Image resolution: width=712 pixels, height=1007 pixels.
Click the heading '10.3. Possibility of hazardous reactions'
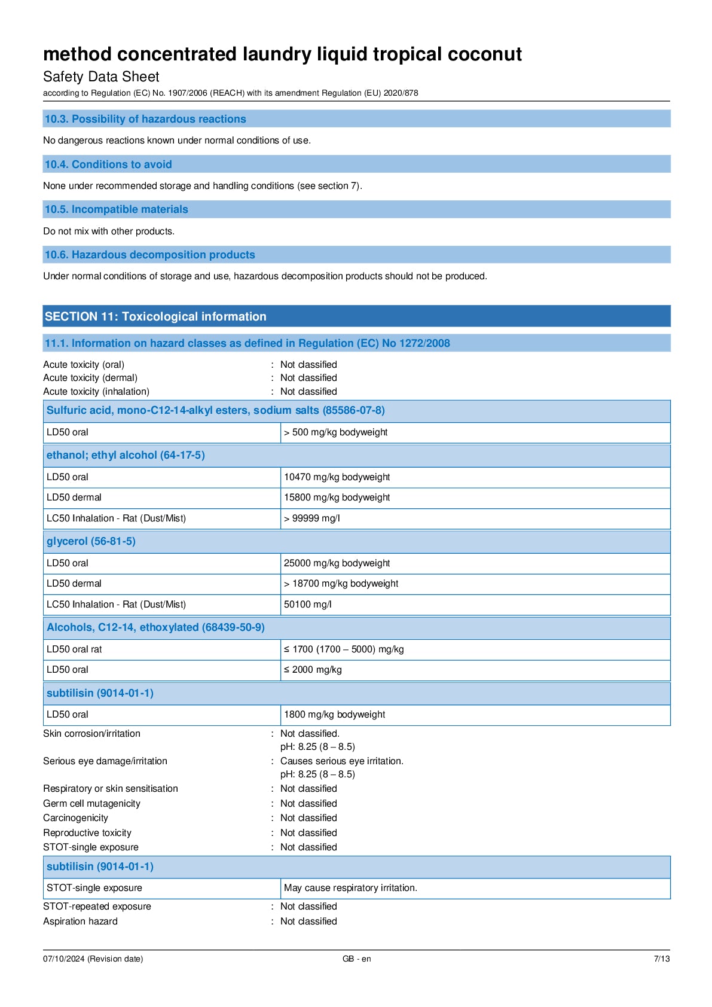pyautogui.click(x=145, y=119)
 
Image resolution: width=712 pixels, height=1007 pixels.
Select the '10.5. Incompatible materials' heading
pyautogui.click(x=117, y=209)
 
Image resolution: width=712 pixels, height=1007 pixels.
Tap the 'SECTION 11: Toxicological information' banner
pyautogui.click(x=155, y=316)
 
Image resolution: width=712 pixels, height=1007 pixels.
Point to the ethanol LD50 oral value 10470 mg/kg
pyautogui.click(x=337, y=477)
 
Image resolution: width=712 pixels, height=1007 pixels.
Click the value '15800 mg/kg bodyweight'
pyautogui.click(x=337, y=498)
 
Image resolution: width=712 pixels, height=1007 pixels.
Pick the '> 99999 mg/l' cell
pyautogui.click(x=312, y=518)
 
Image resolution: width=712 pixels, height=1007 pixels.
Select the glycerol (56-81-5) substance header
pyautogui.click(x=91, y=541)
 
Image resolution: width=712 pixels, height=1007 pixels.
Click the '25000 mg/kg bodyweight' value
pyautogui.click(x=337, y=563)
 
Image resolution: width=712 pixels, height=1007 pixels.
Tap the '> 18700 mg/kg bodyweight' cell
pyautogui.click(x=341, y=584)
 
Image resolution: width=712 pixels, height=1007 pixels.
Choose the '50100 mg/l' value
pyautogui.click(x=307, y=605)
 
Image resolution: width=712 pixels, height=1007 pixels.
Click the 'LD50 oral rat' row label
pyautogui.click(x=74, y=649)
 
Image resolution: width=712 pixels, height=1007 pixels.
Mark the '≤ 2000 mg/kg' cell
pyautogui.click(x=313, y=670)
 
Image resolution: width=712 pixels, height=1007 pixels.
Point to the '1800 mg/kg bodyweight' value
pyautogui.click(x=334, y=715)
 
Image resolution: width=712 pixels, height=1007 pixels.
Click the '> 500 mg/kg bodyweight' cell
pyautogui.click(x=335, y=432)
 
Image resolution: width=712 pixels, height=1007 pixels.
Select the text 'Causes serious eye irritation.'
pyautogui.click(x=342, y=761)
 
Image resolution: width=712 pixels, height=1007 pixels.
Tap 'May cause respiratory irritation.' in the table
pyautogui.click(x=350, y=888)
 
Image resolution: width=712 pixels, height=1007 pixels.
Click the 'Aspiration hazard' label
pyautogui.click(x=80, y=921)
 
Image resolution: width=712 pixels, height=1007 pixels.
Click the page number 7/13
pyautogui.click(x=661, y=959)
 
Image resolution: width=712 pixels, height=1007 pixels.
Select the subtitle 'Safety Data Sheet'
pyautogui.click(x=101, y=77)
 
